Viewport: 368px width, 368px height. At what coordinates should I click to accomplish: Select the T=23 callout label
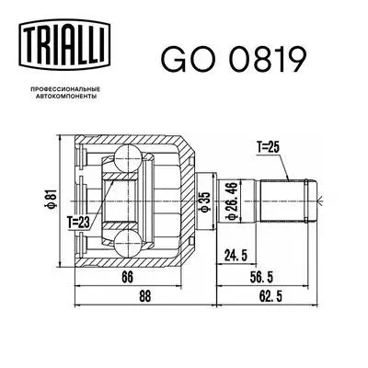(81, 220)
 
